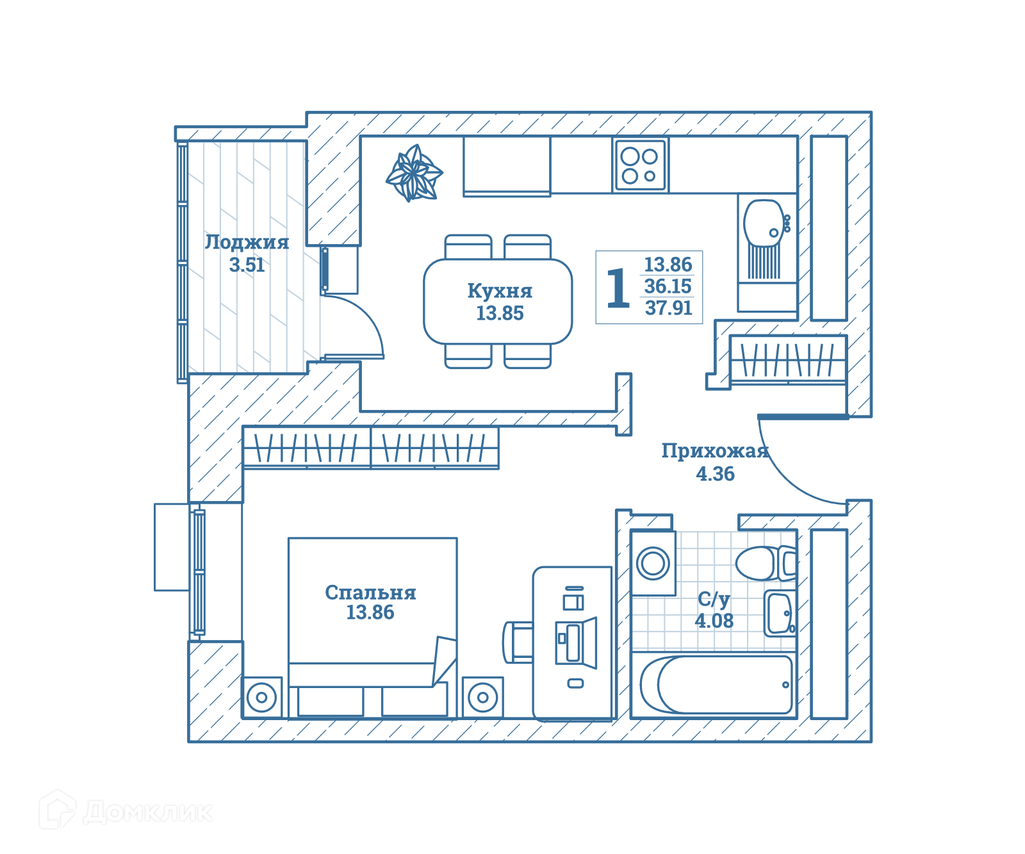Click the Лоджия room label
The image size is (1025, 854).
247,242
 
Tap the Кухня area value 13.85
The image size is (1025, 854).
500,313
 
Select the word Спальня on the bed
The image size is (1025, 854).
370,593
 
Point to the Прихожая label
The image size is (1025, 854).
715,451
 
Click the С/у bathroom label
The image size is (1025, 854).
714,600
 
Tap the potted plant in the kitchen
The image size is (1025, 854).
414,173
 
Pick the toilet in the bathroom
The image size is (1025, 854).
766,563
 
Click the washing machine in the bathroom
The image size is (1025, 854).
653,564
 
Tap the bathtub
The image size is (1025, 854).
716,685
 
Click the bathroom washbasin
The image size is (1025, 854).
779,613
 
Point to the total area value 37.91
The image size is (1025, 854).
668,308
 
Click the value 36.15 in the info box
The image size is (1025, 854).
668,286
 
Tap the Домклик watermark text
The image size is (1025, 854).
148,812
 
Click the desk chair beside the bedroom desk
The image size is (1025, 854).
518,642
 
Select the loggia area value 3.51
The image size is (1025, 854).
247,265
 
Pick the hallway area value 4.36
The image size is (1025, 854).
715,474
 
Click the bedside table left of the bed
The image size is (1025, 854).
262,697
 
